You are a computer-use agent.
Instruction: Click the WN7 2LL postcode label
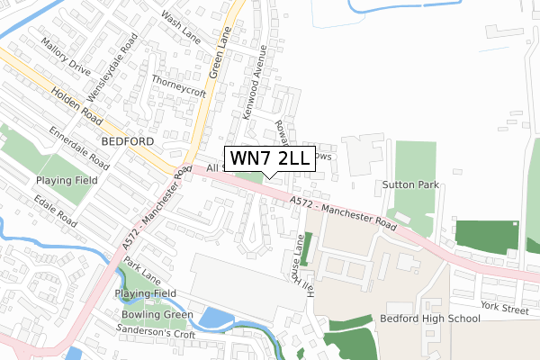(269, 159)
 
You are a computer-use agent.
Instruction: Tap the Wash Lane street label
(180, 28)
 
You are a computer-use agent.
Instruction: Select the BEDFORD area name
(129, 141)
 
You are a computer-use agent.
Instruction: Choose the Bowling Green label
(157, 314)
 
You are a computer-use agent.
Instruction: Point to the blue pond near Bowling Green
(216, 318)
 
